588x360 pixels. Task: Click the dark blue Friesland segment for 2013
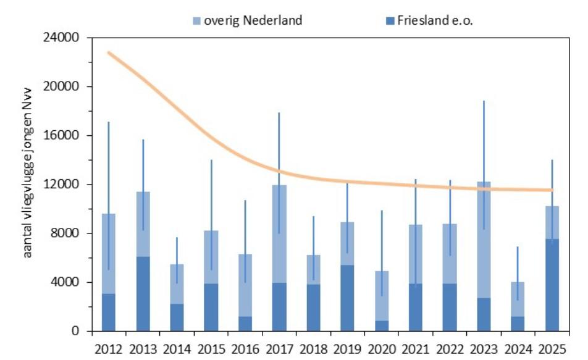[x=143, y=294]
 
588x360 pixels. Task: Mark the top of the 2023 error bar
[x=484, y=101]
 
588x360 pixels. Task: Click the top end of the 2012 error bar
[x=109, y=122]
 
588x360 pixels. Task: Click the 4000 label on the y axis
[x=69, y=282]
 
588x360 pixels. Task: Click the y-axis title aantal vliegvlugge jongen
[x=28, y=185]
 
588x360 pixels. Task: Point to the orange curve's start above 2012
[x=109, y=53]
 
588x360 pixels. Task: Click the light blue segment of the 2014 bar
[x=177, y=284]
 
